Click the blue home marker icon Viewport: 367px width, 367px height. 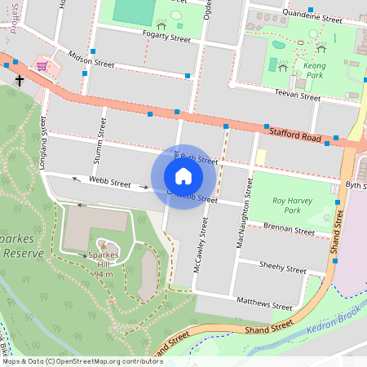click(183, 176)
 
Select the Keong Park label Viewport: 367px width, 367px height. click(314, 71)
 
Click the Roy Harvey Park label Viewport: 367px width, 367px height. click(275, 205)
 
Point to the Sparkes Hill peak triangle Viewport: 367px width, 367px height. click(104, 245)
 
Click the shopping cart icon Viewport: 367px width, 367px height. click(42, 65)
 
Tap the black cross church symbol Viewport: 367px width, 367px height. click(20, 80)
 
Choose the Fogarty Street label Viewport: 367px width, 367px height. click(167, 38)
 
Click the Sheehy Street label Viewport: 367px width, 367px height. click(281, 266)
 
